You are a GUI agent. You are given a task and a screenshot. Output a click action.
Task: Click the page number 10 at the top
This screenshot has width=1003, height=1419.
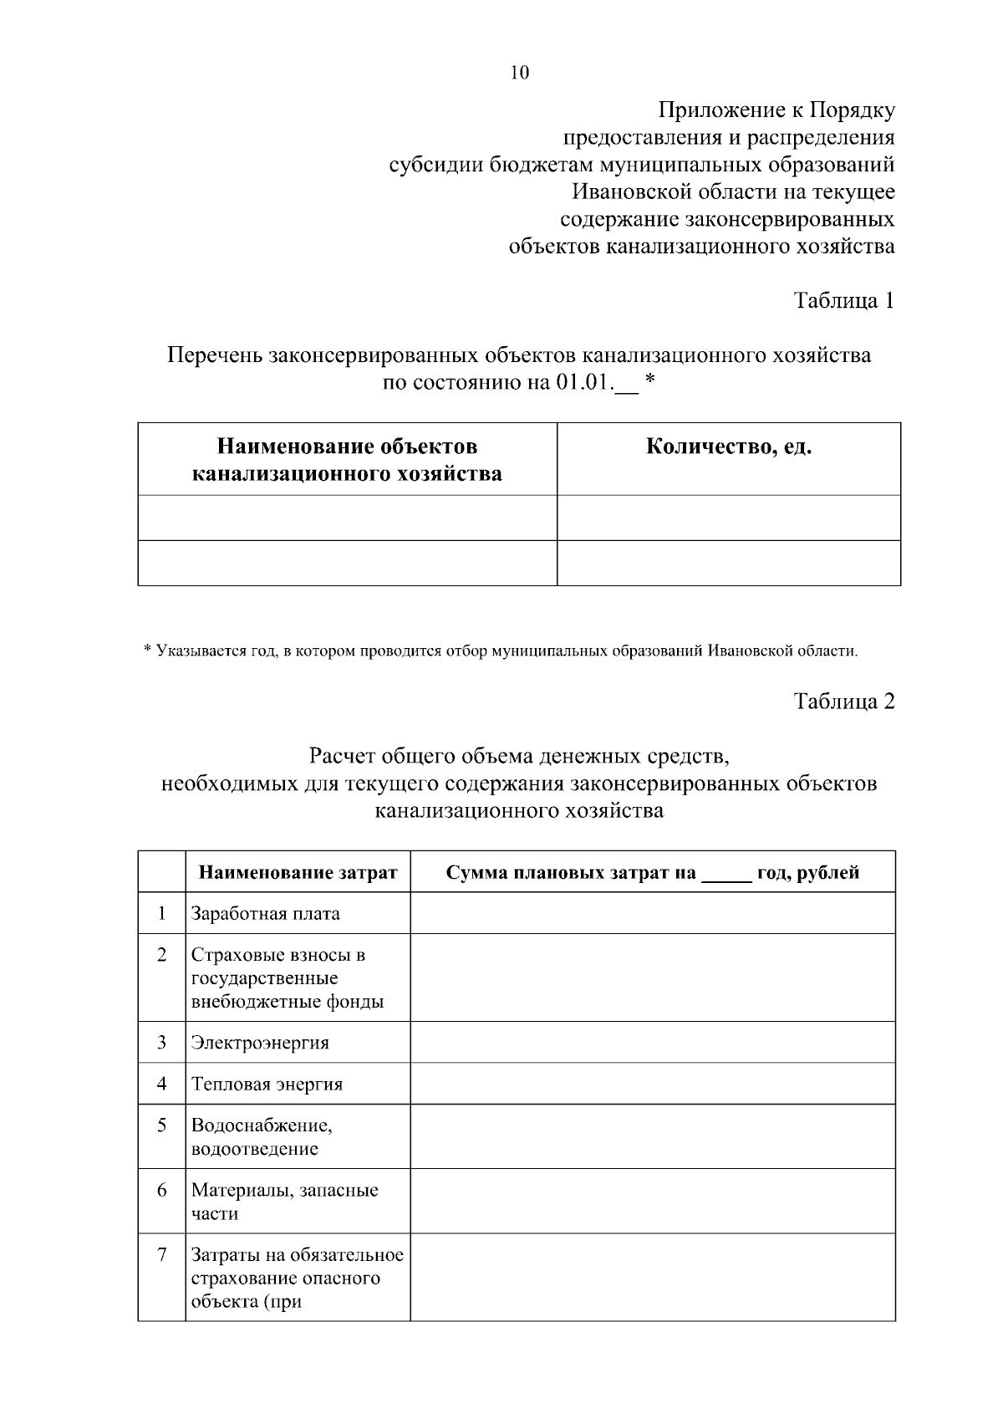pos(519,73)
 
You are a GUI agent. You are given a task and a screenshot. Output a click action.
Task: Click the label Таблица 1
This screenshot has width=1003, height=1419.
pos(843,301)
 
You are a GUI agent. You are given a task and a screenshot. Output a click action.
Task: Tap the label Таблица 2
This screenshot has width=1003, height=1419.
pos(843,702)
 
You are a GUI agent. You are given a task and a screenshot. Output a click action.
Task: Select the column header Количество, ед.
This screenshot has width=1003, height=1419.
pos(729,447)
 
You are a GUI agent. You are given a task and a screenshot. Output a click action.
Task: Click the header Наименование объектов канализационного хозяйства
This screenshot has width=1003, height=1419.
pos(347,460)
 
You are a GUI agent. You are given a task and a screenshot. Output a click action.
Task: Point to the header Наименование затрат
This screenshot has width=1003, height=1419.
pos(298,873)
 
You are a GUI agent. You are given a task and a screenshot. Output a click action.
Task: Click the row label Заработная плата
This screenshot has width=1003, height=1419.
pos(265,914)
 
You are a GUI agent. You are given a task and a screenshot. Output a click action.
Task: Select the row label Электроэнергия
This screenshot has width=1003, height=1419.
pos(260,1043)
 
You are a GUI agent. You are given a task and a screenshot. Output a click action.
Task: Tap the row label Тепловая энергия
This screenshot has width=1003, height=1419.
pos(267,1085)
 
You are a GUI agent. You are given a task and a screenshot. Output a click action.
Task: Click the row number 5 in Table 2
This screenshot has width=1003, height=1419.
pos(161,1126)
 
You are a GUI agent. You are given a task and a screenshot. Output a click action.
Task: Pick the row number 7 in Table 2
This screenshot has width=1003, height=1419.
pos(161,1255)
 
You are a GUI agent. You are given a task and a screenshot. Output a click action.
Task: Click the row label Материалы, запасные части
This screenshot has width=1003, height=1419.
pos(284,1202)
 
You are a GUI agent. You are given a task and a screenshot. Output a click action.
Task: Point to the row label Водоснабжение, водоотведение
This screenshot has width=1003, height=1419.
pos(261,1137)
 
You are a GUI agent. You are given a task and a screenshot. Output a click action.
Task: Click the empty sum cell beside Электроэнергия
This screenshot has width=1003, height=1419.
pos(652,1043)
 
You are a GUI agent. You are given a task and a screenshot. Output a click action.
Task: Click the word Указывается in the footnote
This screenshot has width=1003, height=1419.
pos(195,651)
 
